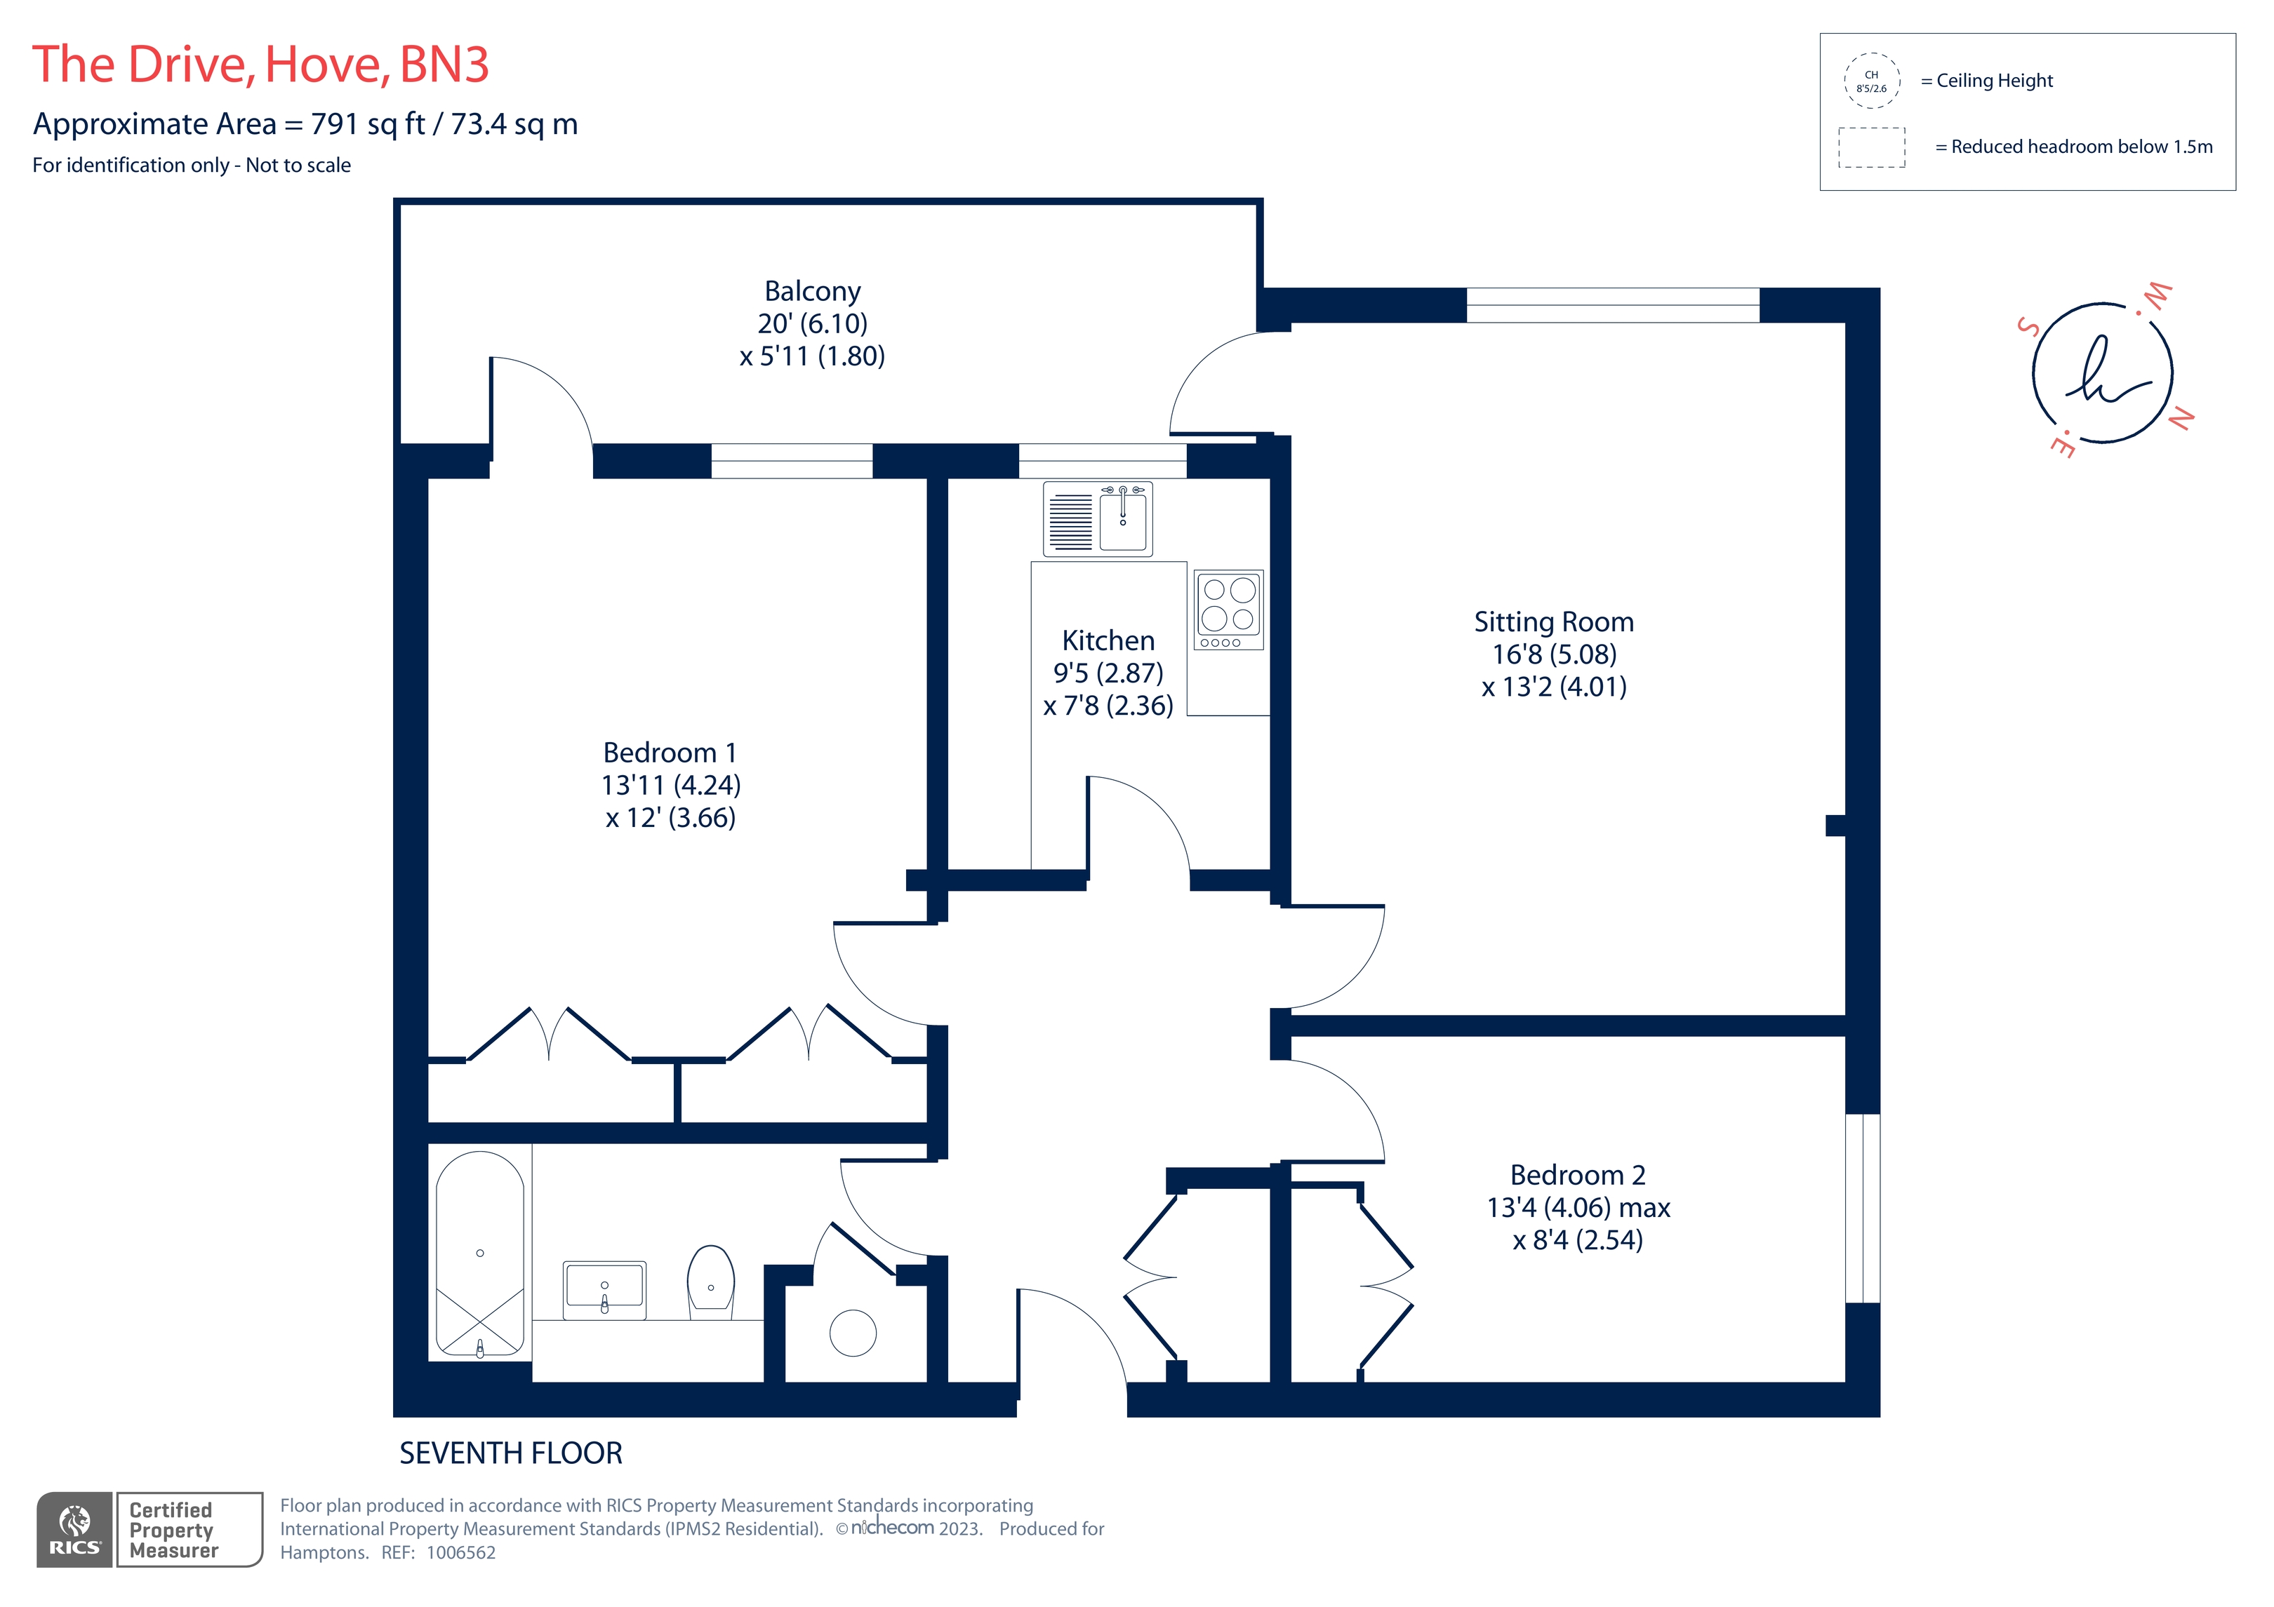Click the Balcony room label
pyautogui.click(x=812, y=291)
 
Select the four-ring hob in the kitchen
pyautogui.click(x=1228, y=609)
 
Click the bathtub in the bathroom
pyautogui.click(x=480, y=1253)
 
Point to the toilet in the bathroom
pyautogui.click(x=711, y=1282)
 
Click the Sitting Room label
pyautogui.click(x=1553, y=621)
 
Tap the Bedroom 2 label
pyautogui.click(x=1577, y=1176)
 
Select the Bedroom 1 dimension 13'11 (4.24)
pyautogui.click(x=670, y=785)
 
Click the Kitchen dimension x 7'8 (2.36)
pyautogui.click(x=1108, y=706)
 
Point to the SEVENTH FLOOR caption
pyautogui.click(x=510, y=1453)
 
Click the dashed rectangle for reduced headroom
pyautogui.click(x=1871, y=147)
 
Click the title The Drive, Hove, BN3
pyautogui.click(x=260, y=65)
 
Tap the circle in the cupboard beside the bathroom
pyautogui.click(x=853, y=1333)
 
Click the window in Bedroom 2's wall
pyautogui.click(x=1862, y=1208)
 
